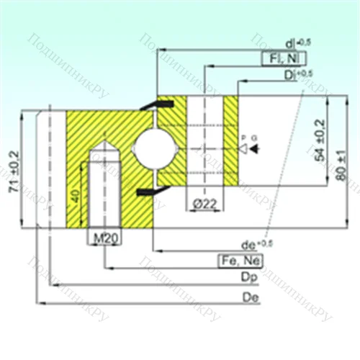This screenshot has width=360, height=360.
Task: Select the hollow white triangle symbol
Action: coord(244,148)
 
